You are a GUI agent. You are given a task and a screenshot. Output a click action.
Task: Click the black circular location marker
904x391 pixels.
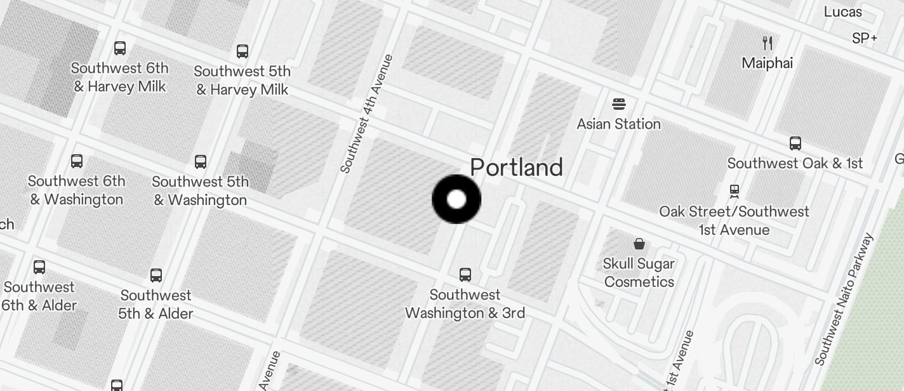tap(456, 199)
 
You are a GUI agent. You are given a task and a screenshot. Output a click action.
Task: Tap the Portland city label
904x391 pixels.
tap(516, 168)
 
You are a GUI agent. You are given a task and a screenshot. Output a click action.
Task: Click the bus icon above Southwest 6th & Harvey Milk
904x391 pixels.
tap(119, 48)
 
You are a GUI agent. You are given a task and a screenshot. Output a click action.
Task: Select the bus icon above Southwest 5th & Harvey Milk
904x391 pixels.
tap(242, 51)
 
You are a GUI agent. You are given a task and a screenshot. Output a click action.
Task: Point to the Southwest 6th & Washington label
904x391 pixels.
tap(76, 190)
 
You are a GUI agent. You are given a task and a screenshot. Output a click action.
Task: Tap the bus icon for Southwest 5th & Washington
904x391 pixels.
tap(201, 161)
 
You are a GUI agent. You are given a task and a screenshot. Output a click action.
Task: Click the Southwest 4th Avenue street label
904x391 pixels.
tap(367, 114)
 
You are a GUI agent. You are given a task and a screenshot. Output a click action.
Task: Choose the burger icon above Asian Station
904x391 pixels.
tap(619, 104)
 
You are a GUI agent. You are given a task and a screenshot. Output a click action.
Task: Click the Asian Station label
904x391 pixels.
tap(618, 124)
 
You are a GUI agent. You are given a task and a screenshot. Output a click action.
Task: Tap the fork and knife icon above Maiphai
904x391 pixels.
tap(768, 43)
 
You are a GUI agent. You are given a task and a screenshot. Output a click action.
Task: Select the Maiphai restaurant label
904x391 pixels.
tap(768, 63)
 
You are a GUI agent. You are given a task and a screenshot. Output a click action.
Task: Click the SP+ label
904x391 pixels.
tap(865, 39)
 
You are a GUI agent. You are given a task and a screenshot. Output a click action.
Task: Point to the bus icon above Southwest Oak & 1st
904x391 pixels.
tap(795, 143)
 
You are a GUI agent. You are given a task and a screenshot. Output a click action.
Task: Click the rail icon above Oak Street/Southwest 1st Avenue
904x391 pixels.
tap(734, 190)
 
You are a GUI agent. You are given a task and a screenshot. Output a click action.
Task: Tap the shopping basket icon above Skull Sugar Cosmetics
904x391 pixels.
tap(639, 244)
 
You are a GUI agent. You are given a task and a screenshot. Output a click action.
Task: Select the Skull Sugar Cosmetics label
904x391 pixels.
tap(639, 272)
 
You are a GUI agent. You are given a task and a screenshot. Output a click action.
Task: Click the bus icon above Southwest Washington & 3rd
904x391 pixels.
tap(465, 275)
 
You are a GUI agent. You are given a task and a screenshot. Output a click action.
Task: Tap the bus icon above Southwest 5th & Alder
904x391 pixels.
tap(156, 275)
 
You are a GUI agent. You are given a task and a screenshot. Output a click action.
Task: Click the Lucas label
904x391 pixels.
tap(842, 11)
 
